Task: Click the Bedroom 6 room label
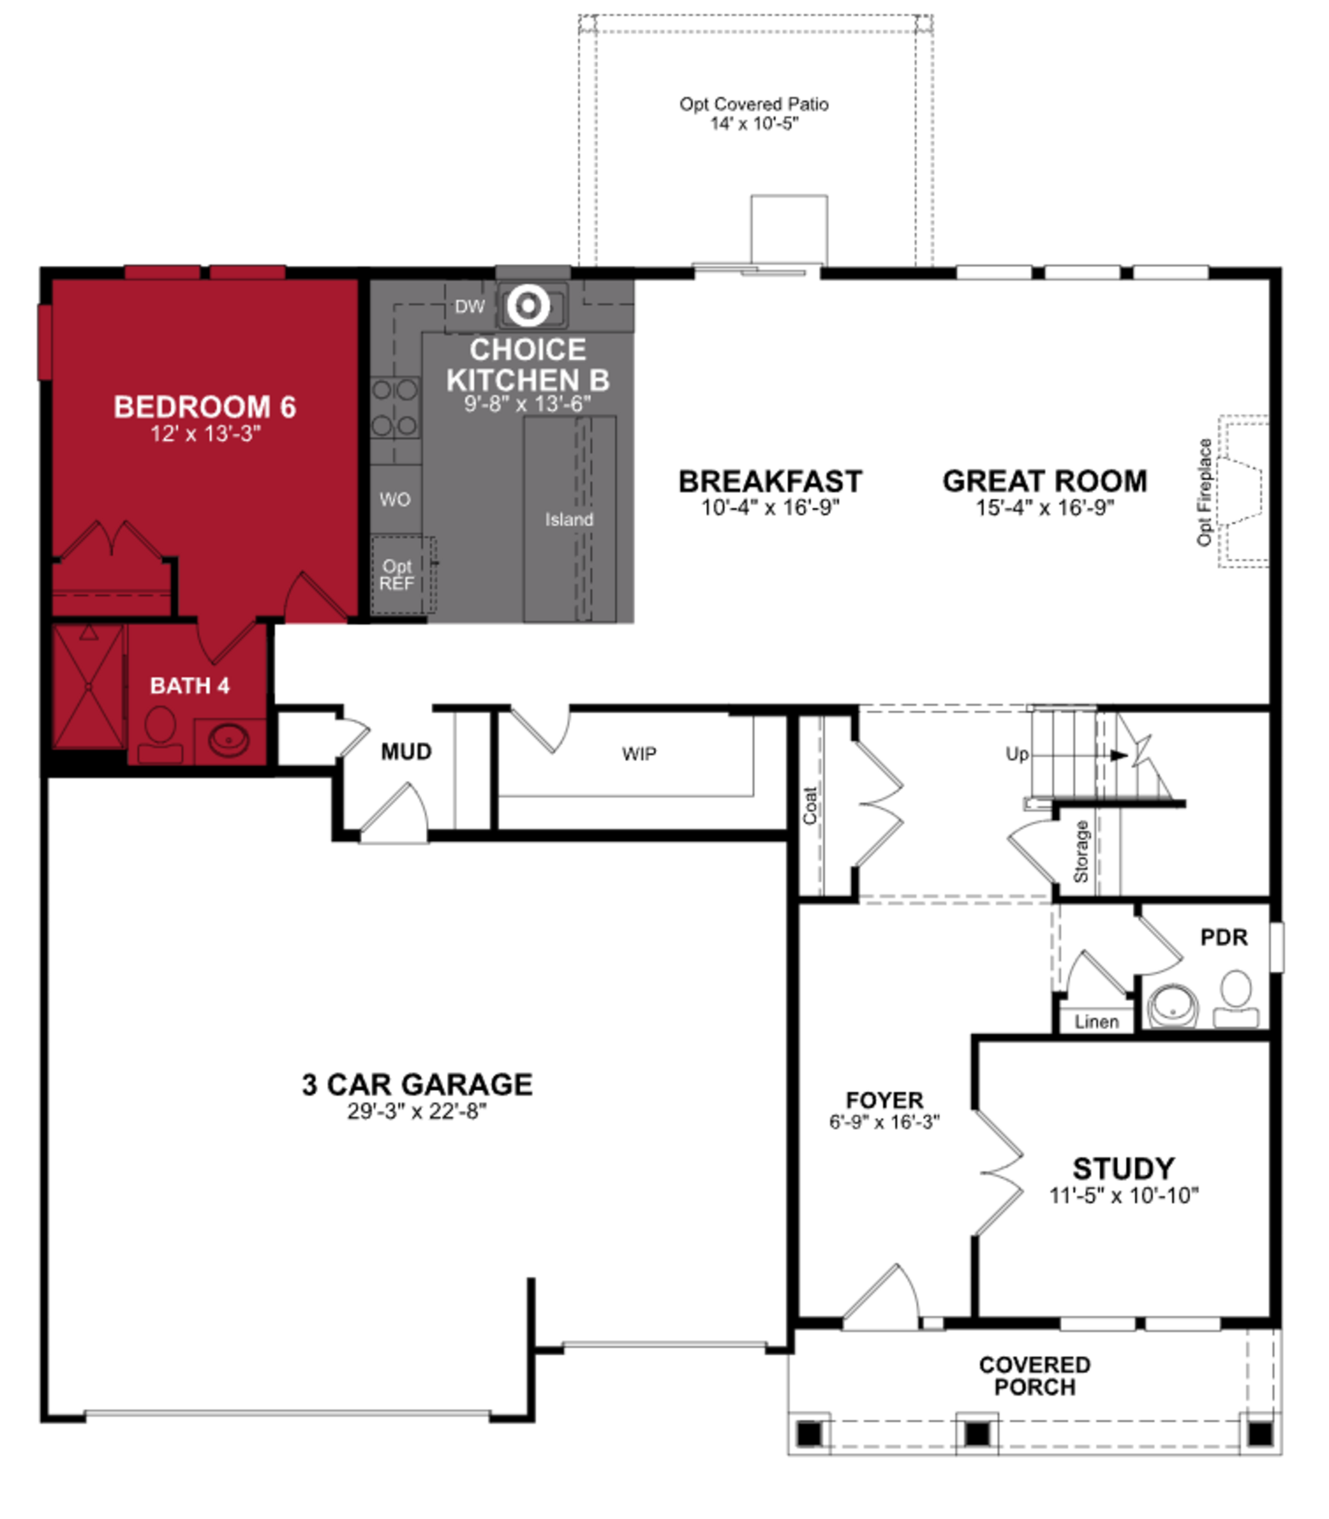[x=205, y=407]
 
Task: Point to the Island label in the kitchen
[x=569, y=520]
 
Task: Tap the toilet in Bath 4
[x=160, y=734]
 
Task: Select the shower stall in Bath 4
[x=88, y=686]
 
